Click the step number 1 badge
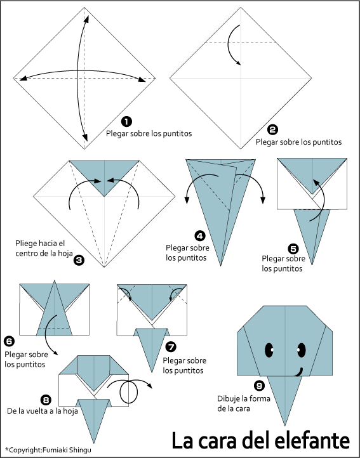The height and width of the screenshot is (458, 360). (126, 122)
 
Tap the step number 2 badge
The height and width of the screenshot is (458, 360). (272, 129)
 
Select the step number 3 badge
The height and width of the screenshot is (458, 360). (79, 259)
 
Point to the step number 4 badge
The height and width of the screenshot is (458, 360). (200, 235)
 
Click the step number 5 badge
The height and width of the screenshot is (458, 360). (293, 249)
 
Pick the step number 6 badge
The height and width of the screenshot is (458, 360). (10, 341)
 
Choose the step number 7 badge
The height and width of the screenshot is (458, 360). (171, 347)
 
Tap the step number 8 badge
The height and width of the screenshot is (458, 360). (46, 399)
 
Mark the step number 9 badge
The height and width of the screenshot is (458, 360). (259, 386)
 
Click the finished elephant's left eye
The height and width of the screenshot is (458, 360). (269, 350)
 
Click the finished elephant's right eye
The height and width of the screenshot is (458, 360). (302, 350)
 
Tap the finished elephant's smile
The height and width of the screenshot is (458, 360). (299, 372)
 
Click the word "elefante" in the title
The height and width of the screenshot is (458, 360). (313, 440)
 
